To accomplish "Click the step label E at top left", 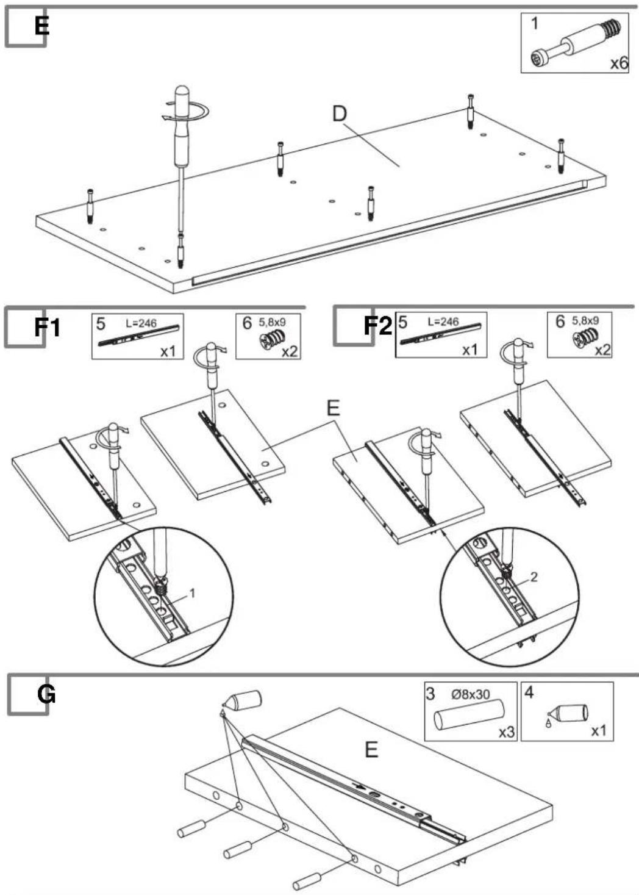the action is [41, 27].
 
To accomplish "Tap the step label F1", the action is [47, 327].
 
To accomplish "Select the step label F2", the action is [378, 326].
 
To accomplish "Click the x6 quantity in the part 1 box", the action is [619, 63].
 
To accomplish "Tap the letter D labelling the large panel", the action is [340, 114].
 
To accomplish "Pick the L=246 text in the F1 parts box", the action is [141, 323].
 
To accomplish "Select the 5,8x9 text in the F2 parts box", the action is [585, 320].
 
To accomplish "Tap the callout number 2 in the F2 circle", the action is [534, 577].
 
